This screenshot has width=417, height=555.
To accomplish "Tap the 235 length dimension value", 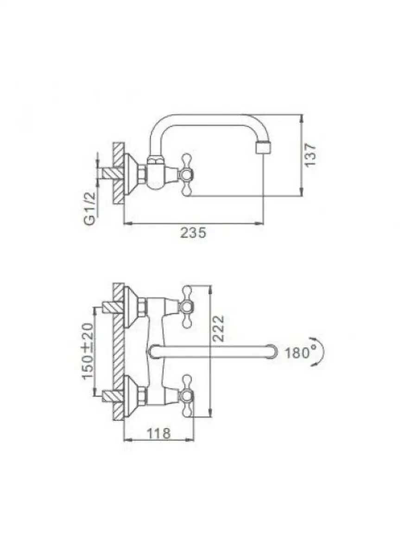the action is [x=193, y=233].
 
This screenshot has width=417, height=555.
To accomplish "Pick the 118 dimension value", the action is [x=159, y=433].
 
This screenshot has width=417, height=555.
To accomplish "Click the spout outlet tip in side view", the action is [x=263, y=148].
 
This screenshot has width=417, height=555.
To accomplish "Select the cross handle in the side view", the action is [x=187, y=175].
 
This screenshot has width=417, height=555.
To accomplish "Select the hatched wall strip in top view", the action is [x=120, y=351].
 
